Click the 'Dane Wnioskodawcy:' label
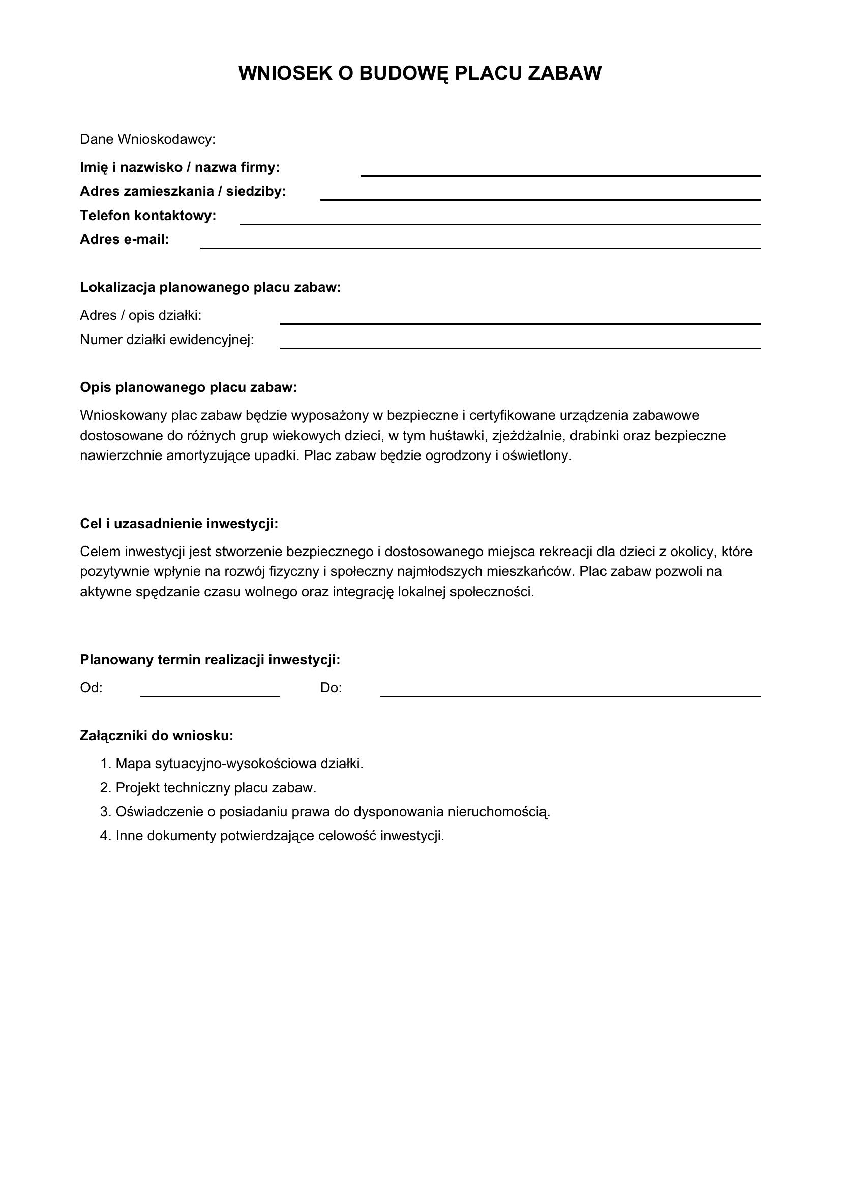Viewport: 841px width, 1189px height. pyautogui.click(x=147, y=139)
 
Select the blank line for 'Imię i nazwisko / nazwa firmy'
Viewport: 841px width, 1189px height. pyautogui.click(x=560, y=172)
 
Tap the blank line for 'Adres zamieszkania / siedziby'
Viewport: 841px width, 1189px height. pyautogui.click(x=539, y=196)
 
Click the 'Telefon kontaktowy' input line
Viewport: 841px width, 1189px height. pyautogui.click(x=500, y=221)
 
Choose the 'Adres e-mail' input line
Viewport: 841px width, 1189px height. pyautogui.click(x=480, y=245)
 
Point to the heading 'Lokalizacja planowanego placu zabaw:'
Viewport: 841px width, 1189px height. pyautogui.click(x=211, y=287)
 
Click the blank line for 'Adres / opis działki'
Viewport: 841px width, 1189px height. pyautogui.click(x=520, y=320)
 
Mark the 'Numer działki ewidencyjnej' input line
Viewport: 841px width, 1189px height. pyautogui.click(x=520, y=344)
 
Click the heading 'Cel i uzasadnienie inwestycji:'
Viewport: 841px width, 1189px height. pyautogui.click(x=179, y=524)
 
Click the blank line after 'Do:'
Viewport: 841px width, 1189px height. pyautogui.click(x=569, y=693)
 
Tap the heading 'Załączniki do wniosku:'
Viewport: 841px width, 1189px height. pyautogui.click(x=157, y=736)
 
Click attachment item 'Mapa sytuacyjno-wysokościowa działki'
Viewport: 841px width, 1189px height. pyautogui.click(x=239, y=764)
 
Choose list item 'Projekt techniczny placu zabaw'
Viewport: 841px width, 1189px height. pyautogui.click(x=216, y=788)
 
